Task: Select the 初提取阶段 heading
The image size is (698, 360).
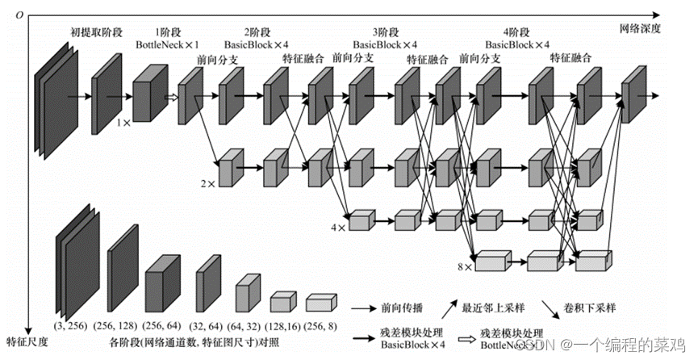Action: click(x=98, y=32)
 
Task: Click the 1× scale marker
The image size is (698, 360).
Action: click(x=123, y=123)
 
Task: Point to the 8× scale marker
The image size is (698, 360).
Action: click(x=464, y=266)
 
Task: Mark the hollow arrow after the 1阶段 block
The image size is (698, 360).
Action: click(x=170, y=98)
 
